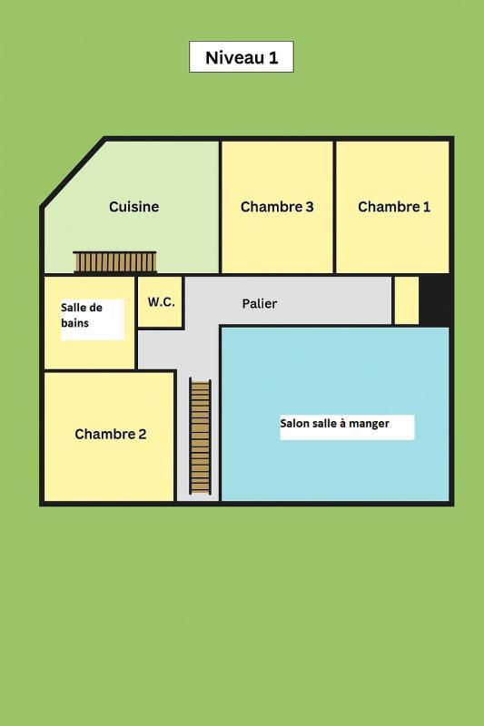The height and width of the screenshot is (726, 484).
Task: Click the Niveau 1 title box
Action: [x=241, y=57]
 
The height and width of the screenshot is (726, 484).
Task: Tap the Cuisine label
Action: [x=133, y=207]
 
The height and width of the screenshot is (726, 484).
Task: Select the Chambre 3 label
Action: [x=277, y=207]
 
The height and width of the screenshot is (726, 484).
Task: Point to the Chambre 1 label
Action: [x=394, y=207]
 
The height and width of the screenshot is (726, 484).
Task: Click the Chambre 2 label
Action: [x=110, y=434]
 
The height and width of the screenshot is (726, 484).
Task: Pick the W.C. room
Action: [x=161, y=302]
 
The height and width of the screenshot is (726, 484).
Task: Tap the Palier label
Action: [x=260, y=304]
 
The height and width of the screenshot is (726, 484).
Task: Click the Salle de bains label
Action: [x=83, y=315]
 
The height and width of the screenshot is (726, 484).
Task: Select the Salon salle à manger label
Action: [x=334, y=424]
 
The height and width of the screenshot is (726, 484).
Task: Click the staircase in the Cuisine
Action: [x=115, y=262]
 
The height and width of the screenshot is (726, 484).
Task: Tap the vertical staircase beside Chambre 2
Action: [x=200, y=436]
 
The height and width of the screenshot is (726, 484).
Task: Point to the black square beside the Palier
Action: [x=435, y=300]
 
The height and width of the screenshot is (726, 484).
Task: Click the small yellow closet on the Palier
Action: [x=406, y=300]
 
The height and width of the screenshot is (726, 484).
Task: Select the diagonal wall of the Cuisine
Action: [x=73, y=172]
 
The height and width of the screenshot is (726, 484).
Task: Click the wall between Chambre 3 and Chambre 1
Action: [x=334, y=207]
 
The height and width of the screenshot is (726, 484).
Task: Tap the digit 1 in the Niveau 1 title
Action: [x=273, y=58]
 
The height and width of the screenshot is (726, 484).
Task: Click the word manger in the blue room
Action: [x=370, y=424]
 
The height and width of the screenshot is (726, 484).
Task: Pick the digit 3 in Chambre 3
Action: [x=309, y=207]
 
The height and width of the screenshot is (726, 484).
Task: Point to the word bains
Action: [x=75, y=323]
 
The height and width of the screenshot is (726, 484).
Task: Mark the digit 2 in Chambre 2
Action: [x=142, y=434]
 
